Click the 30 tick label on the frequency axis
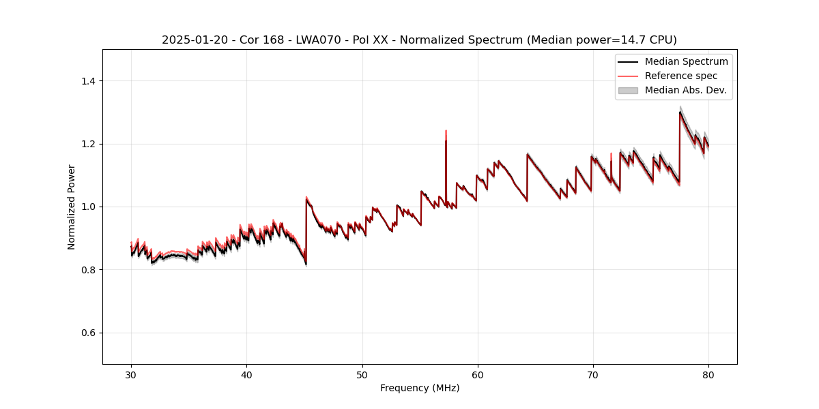pos(131,375)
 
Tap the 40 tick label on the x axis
pos(246,375)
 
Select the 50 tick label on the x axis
pos(362,375)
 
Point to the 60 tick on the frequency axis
pos(478,375)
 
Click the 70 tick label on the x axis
pos(593,375)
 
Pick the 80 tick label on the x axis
pos(708,375)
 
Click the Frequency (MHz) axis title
pos(420,388)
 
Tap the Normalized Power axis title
pos(72,207)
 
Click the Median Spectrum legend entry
pos(686,61)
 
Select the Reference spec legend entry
pos(680,76)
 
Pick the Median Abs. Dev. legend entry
pos(685,90)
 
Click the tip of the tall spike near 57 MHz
pos(446,131)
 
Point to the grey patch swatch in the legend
pos(628,90)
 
